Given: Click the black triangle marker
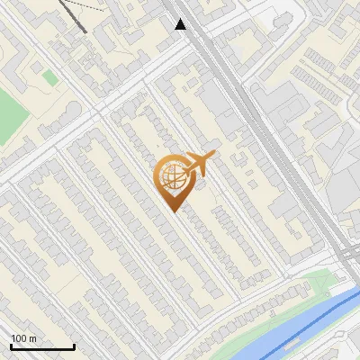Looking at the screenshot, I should pos(180,24).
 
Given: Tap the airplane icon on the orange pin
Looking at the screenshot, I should pos(199,164).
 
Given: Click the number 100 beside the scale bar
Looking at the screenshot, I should pos(19,338).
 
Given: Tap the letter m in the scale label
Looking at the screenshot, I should pos(32,338).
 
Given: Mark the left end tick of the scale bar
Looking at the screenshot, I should pos(11,346).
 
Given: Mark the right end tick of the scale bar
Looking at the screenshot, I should pos(74,346).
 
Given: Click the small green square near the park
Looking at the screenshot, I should pos(50,78).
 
